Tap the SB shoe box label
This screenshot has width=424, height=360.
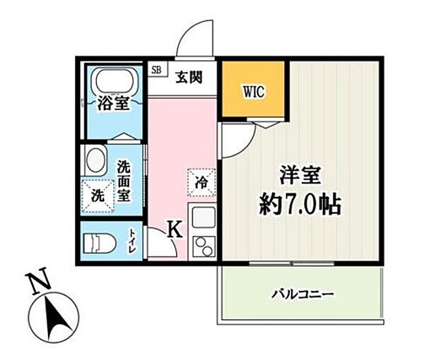(156, 70)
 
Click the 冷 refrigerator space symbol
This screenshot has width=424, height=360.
(201, 182)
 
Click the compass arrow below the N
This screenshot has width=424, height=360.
(53, 313)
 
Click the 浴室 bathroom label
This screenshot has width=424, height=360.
(113, 104)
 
